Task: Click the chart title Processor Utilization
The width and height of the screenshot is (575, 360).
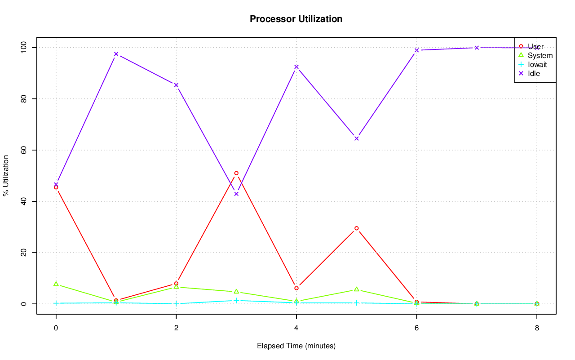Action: click(x=296, y=19)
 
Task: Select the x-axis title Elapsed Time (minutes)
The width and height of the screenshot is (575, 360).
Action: click(x=296, y=346)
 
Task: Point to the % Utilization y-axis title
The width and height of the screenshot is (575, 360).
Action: click(x=6, y=175)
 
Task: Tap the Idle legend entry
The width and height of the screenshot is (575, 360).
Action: click(x=534, y=73)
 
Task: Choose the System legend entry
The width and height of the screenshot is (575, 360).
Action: click(x=540, y=55)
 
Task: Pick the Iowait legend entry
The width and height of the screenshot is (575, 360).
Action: click(x=537, y=64)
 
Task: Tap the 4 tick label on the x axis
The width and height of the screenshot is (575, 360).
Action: click(x=296, y=328)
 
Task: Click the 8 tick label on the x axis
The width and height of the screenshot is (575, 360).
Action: click(x=537, y=328)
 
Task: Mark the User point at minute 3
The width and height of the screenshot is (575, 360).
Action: click(x=236, y=173)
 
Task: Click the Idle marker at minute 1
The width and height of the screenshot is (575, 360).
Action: click(x=116, y=54)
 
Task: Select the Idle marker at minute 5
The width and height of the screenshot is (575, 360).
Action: click(x=357, y=138)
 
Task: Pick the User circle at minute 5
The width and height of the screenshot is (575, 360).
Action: click(x=357, y=228)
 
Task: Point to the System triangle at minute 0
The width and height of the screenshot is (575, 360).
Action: click(x=56, y=284)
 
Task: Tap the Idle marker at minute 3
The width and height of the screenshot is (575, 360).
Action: click(x=236, y=194)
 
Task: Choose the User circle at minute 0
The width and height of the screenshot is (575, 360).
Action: click(x=56, y=187)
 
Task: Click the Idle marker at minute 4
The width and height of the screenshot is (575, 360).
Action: click(x=296, y=67)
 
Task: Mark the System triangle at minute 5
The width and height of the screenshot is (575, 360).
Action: click(x=357, y=289)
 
